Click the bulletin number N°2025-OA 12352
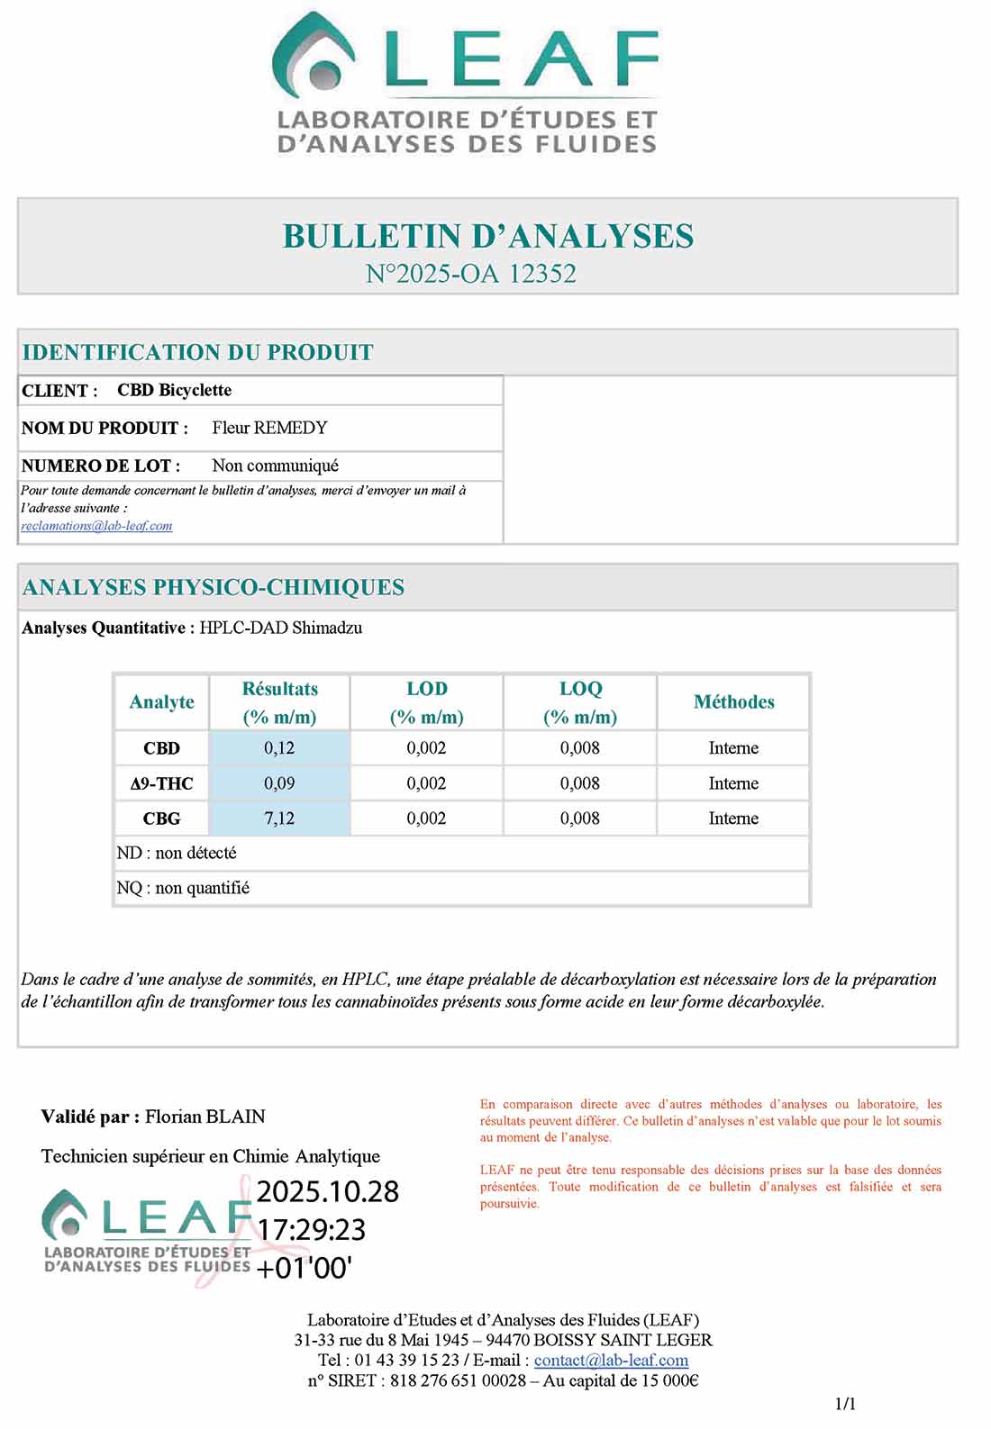[x=470, y=274]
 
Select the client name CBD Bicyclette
[x=174, y=390]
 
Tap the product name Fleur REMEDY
[x=269, y=428]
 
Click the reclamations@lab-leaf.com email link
[x=96, y=526]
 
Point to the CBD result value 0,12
[x=279, y=748]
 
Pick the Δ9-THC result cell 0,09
[x=279, y=783]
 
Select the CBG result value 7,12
[x=279, y=819]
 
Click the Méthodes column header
[x=733, y=702]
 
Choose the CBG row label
[x=161, y=819]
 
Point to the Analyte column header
[x=161, y=702]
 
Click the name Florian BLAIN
[x=205, y=1117]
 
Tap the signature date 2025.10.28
[x=328, y=1191]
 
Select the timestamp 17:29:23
[x=312, y=1229]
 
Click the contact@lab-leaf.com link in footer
[x=611, y=1361]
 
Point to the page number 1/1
[x=845, y=1403]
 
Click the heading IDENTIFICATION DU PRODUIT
[x=197, y=352]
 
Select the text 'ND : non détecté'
[x=177, y=853]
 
